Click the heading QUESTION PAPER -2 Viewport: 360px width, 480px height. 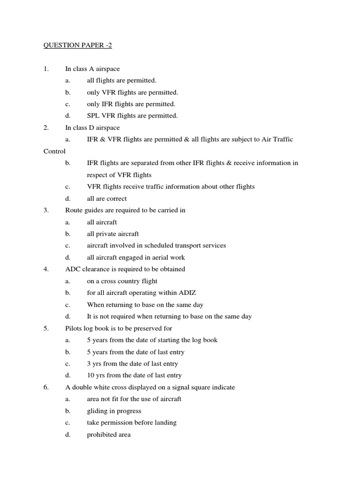78,45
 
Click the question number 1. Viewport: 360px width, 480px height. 46,69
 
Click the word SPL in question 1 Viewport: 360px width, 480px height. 93,116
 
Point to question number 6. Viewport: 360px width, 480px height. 46,387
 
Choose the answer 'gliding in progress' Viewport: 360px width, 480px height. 114,411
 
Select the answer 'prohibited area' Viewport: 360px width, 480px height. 109,435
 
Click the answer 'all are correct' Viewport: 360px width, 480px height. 107,198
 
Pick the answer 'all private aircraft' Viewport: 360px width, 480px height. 113,234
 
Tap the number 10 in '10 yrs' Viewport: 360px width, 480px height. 91,375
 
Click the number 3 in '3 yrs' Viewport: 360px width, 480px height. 89,364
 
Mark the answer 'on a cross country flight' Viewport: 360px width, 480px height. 122,281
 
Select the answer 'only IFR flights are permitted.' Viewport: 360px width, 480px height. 131,104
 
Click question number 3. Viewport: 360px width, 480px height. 46,210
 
